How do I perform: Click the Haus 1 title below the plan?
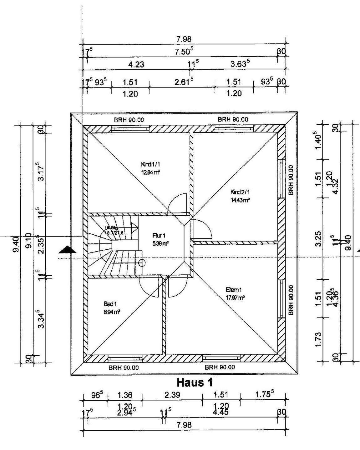point(195,382)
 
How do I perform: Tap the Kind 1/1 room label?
point(151,164)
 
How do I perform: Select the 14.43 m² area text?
point(240,200)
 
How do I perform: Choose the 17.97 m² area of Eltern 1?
point(235,298)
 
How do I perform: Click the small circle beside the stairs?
point(141,263)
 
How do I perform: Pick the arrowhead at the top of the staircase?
point(134,227)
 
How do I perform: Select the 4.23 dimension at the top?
point(136,65)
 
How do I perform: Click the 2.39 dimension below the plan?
point(172,395)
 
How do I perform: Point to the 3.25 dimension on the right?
point(318,239)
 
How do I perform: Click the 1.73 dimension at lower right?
point(318,339)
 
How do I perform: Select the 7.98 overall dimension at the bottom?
point(184,425)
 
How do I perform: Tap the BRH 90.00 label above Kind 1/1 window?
point(129,119)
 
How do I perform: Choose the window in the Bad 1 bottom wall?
point(125,358)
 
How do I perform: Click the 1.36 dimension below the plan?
point(124,395)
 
